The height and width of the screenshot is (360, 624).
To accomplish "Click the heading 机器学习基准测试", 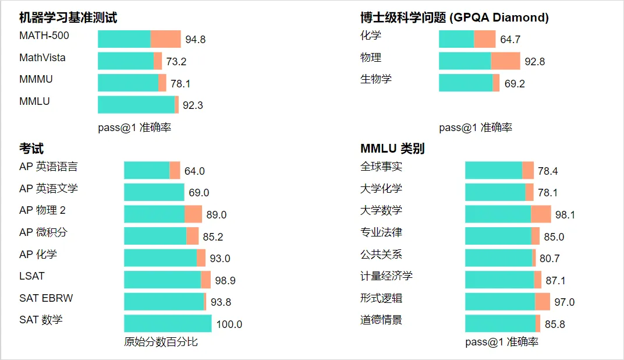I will click(x=68, y=17).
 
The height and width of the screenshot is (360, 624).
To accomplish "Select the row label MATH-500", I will click(x=44, y=36).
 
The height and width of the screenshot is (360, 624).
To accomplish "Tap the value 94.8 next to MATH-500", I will click(x=196, y=40).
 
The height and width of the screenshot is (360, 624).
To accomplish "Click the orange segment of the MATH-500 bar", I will click(x=166, y=39).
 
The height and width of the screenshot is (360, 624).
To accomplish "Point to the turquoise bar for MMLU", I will click(x=136, y=105).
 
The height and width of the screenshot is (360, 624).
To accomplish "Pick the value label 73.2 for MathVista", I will click(x=176, y=62).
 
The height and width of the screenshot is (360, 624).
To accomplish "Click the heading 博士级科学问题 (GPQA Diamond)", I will click(x=454, y=17).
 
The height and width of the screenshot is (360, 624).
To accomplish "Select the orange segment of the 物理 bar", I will click(x=505, y=61).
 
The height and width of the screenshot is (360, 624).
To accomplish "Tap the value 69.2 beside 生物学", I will click(x=515, y=83).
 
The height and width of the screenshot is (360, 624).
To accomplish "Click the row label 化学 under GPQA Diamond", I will click(x=371, y=36).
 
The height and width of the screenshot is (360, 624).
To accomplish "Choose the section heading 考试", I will click(x=31, y=149).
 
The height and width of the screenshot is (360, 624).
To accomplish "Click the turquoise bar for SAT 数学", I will click(x=168, y=323).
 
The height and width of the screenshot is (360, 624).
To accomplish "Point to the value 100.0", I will click(x=229, y=324).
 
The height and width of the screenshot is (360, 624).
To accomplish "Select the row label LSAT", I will click(x=32, y=276).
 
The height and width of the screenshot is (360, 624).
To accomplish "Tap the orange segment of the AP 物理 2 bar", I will click(x=193, y=214).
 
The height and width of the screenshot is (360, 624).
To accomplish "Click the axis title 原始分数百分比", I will click(x=161, y=342).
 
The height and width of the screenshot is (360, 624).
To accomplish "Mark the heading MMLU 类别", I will click(x=392, y=149).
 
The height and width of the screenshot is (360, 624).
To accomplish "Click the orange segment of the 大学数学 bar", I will click(x=541, y=214).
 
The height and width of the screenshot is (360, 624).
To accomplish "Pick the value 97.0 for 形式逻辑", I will click(x=565, y=302).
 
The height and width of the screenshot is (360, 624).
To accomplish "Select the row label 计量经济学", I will click(x=387, y=276).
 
